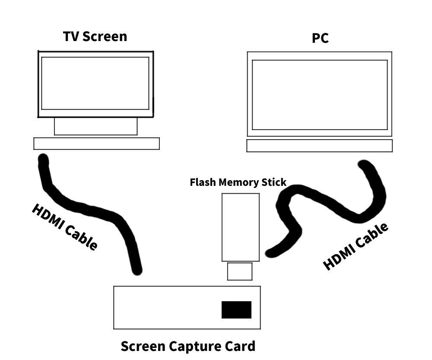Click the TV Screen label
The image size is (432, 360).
coord(95,36)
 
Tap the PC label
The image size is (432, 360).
coord(320,38)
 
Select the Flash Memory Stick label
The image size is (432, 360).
coord(238,182)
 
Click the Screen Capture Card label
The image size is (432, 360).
coord(188,346)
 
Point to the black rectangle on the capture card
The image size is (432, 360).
coord(236,310)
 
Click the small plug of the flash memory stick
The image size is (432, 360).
coord(240,271)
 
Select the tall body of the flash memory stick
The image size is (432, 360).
coord(241,227)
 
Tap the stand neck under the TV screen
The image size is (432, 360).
coord(95,126)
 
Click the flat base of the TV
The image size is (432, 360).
coord(96,143)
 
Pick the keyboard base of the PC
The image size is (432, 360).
coord(319,146)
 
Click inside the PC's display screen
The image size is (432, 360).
coord(320,95)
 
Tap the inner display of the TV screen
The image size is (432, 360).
coord(95,83)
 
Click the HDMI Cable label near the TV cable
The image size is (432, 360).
coord(65,226)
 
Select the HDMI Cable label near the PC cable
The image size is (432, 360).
coord(356,246)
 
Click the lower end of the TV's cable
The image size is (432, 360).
coord(137,270)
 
